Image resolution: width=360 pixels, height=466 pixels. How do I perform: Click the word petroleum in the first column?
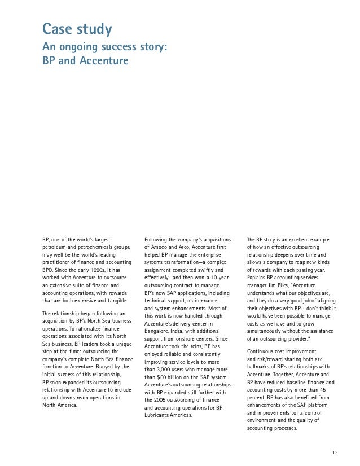point(57,247)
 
